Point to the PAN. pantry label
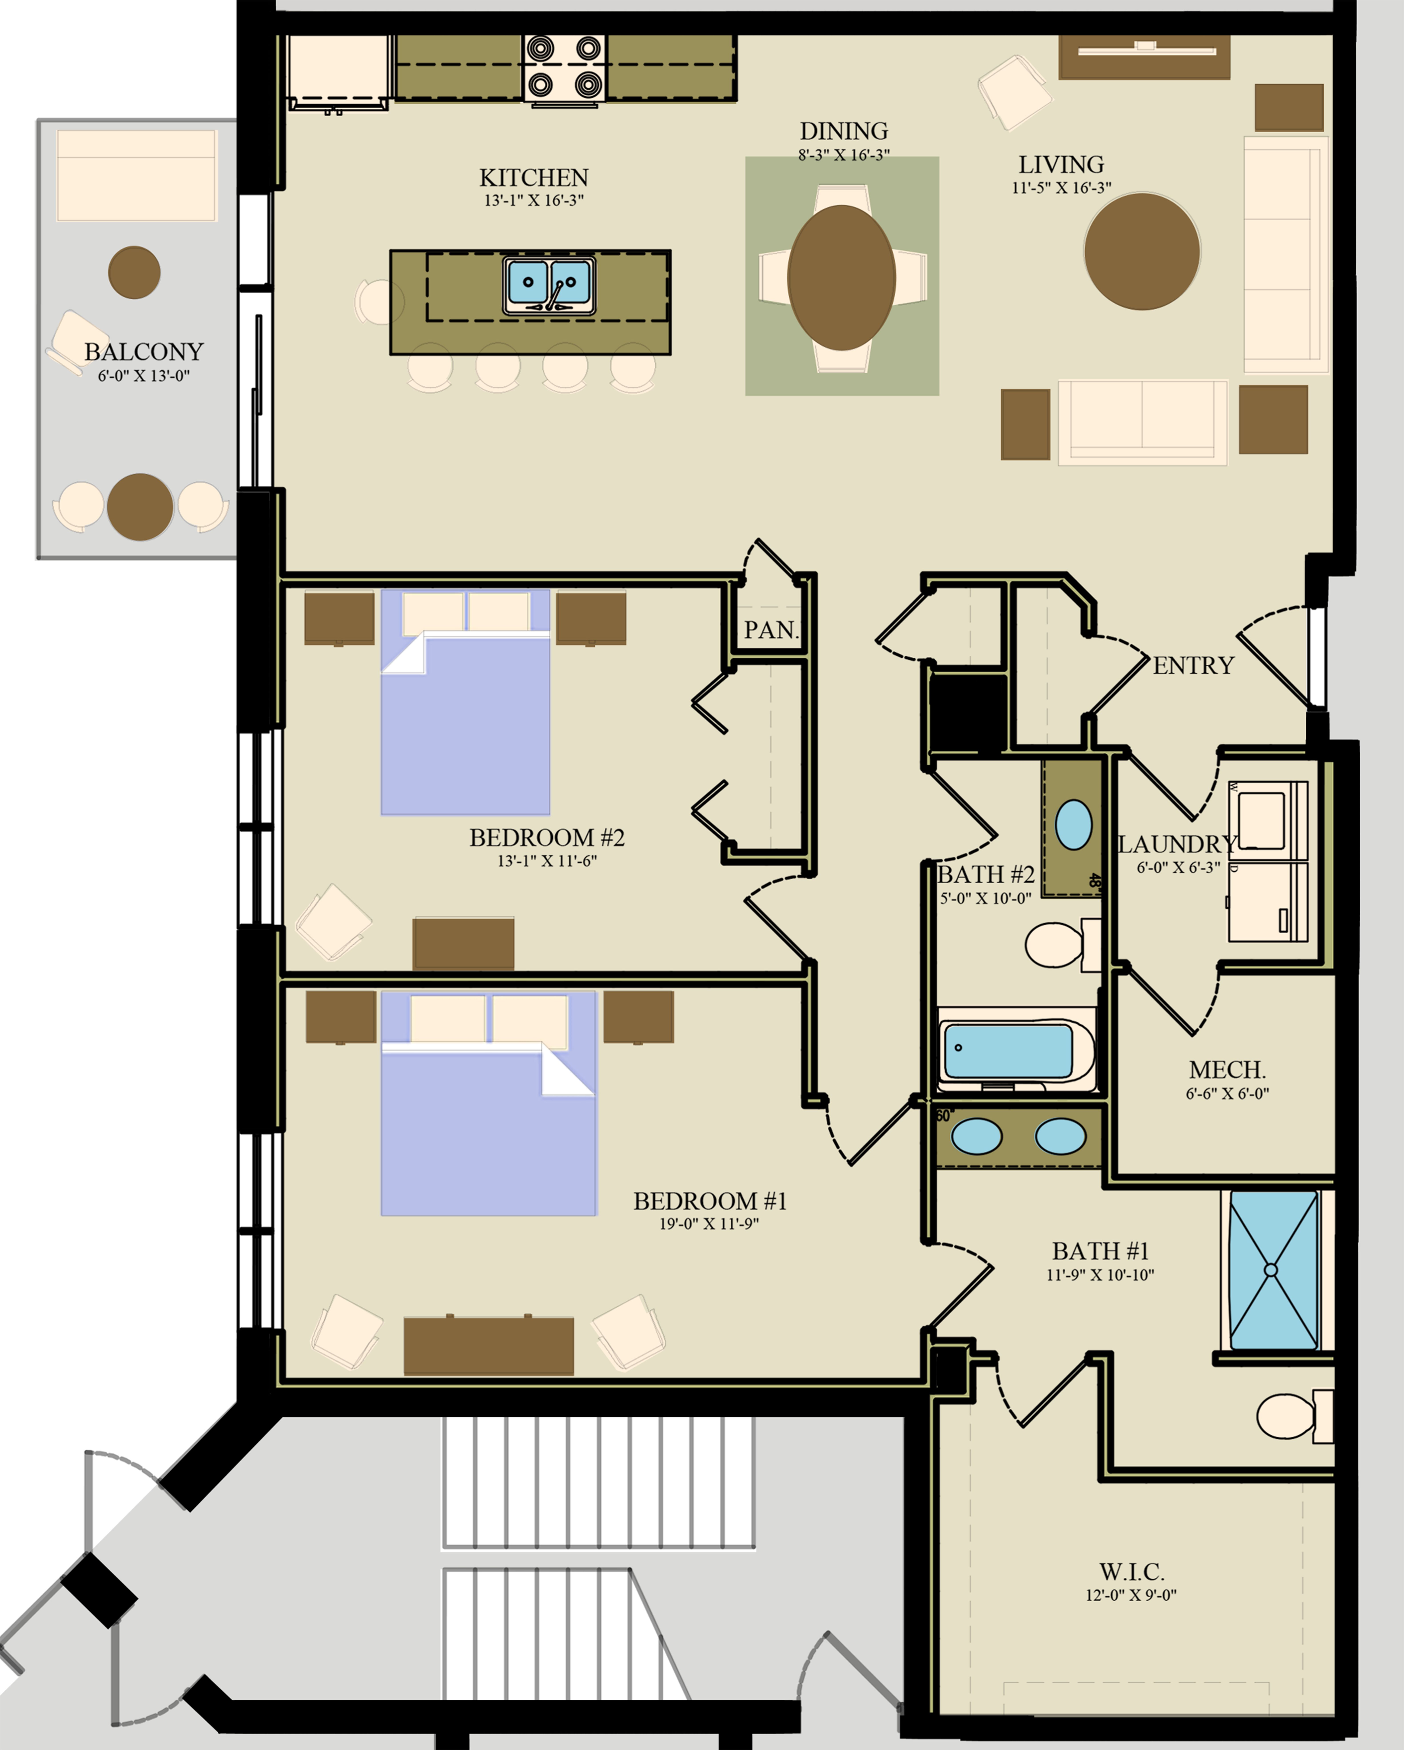[x=771, y=630]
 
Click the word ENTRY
[x=1193, y=666]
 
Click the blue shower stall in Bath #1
[x=1273, y=1270]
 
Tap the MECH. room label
[x=1227, y=1070]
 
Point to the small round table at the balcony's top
[x=134, y=272]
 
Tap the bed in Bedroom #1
[x=488, y=1120]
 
